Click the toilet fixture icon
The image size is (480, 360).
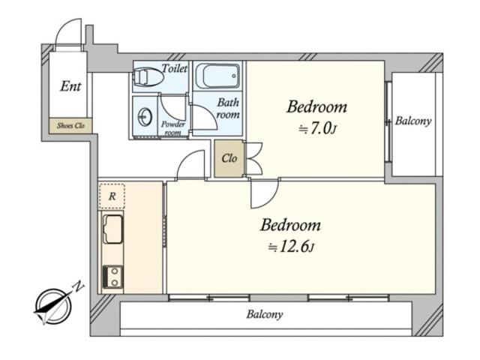(148, 76)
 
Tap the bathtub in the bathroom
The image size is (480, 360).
(217, 76)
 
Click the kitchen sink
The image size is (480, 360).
(113, 229)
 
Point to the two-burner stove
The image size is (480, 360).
(113, 277)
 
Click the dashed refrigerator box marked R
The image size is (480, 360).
(112, 196)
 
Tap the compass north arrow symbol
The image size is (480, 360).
(53, 306)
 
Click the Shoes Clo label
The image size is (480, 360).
(70, 125)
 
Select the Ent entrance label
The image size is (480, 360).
(70, 86)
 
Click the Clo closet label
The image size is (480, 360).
(229, 158)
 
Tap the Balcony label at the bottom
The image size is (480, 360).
(265, 314)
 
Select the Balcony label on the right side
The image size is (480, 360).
(413, 121)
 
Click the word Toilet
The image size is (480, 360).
(175, 68)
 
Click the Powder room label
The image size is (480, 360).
(173, 128)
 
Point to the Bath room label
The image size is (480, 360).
(228, 108)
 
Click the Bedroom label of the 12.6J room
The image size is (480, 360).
(291, 225)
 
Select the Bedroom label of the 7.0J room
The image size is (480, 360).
(316, 106)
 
